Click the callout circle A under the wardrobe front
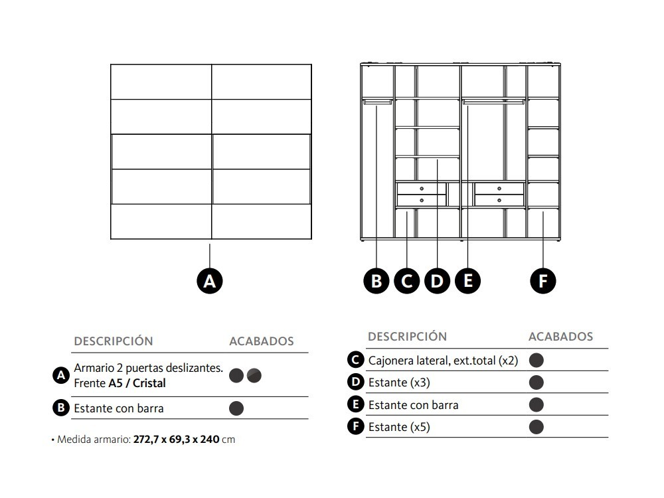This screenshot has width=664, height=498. [210, 281]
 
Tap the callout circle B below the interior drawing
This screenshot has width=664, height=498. [376, 281]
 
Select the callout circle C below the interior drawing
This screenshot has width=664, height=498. [406, 281]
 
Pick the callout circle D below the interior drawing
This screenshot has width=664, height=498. [437, 281]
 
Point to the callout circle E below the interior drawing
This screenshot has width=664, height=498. [467, 281]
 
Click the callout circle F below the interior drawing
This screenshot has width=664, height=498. [543, 281]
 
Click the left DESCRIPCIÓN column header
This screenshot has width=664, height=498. [114, 341]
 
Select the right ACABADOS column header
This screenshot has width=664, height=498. [560, 337]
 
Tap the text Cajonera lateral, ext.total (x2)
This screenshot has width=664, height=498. [443, 361]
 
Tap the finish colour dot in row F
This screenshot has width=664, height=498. [537, 427]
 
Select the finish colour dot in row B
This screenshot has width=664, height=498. [236, 408]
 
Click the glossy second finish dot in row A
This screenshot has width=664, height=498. [254, 376]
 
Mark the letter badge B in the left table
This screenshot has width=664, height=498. [61, 408]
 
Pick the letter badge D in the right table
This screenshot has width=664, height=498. [355, 382]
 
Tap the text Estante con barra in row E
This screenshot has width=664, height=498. [413, 405]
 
